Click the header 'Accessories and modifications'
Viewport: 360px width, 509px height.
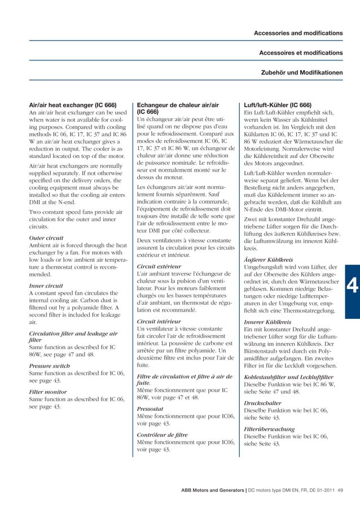tap(297, 33)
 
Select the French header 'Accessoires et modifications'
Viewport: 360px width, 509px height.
tap(300, 53)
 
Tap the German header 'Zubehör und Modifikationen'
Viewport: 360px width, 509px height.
tap(301, 73)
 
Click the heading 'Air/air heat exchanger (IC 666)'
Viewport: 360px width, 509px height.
tap(73, 105)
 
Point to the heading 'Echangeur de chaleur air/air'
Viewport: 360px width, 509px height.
tap(178, 105)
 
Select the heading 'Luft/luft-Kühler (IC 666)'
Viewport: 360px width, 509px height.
tap(277, 105)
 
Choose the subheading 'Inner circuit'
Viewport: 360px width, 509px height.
tap(46, 286)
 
